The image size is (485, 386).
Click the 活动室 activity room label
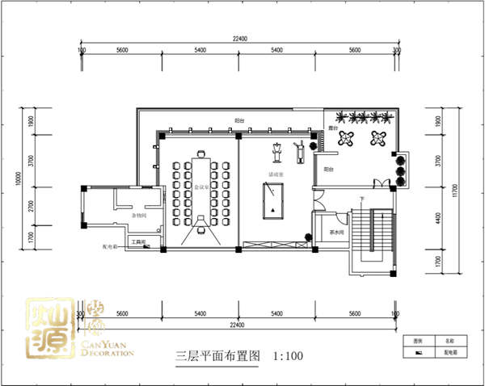[x=276, y=174]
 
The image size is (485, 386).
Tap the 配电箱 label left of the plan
[x=110, y=248]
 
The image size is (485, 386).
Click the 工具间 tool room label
[x=139, y=241]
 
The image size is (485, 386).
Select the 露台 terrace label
[x=333, y=128]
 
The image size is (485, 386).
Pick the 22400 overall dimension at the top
[x=239, y=38]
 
